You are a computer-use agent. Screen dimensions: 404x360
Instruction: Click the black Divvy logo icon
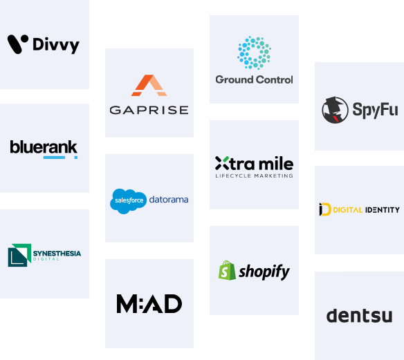17,44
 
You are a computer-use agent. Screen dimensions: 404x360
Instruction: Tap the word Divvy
56,46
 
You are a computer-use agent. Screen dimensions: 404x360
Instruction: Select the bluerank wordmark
44,147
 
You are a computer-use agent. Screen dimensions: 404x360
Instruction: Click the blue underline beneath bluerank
54,158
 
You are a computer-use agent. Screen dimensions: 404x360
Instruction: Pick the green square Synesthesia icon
19,255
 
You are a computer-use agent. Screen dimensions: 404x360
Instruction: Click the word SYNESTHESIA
57,254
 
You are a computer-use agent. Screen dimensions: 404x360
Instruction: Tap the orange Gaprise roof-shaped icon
149,85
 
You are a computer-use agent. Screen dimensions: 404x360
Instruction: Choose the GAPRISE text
149,110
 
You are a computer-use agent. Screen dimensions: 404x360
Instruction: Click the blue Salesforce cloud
128,201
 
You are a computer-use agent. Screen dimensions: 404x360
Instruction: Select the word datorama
169,200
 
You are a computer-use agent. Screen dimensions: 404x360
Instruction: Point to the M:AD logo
149,303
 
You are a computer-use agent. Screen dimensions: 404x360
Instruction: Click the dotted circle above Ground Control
254,53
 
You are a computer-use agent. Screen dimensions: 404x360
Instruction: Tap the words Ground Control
254,79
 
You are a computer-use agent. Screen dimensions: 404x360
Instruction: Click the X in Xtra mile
222,163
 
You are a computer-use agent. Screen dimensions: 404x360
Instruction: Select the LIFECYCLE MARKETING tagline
254,176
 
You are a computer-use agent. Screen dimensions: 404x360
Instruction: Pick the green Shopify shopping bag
227,270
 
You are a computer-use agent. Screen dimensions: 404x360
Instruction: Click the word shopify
264,272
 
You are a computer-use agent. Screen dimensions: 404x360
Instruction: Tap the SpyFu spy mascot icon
335,110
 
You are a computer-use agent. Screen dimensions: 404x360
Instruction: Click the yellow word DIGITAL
348,210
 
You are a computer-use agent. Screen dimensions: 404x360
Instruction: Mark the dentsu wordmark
360,316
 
